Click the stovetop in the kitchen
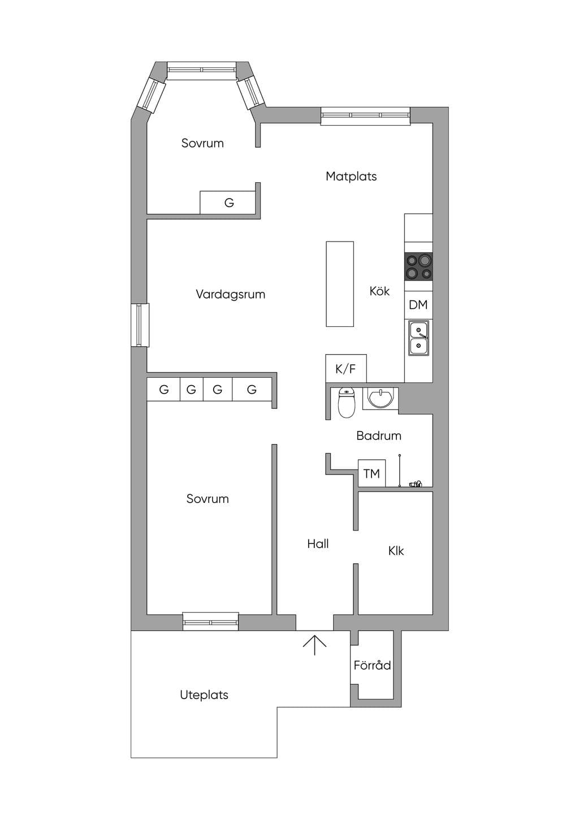[418, 266]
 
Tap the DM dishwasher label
[418, 304]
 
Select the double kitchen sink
[418, 338]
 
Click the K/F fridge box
[346, 369]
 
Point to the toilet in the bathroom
[347, 403]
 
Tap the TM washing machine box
[371, 473]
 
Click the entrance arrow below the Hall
[314, 645]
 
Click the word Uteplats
[204, 695]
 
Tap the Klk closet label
[396, 551]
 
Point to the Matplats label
[351, 176]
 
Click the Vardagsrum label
[230, 294]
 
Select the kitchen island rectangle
[340, 284]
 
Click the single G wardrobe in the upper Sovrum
[228, 202]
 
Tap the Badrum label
[379, 436]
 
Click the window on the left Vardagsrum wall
[140, 325]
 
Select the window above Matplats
[365, 115]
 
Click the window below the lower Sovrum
[210, 621]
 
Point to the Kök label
[379, 291]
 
